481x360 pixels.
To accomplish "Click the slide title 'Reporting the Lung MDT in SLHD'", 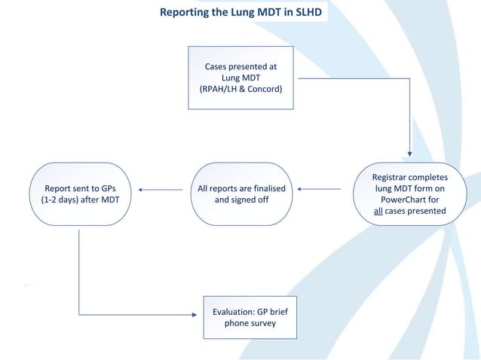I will coord(240,13).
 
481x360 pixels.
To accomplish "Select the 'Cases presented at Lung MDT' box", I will coord(240,77).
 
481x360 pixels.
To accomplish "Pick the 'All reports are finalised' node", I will coord(240,194).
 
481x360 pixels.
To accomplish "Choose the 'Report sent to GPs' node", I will coord(78,194).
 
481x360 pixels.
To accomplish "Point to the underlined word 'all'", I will coord(380,211).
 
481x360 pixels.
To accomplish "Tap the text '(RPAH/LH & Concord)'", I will coord(240,88).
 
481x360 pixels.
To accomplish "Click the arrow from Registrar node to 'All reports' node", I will coord(324,190).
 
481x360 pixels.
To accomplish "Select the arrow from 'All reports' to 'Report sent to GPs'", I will coord(162,190).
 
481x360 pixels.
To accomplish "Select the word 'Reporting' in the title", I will coord(185,13).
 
